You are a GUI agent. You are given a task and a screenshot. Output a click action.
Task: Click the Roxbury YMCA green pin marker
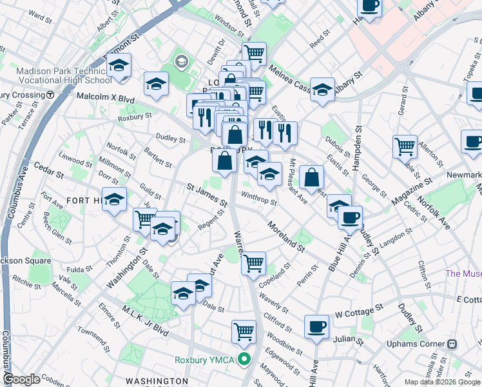[x=244, y=359]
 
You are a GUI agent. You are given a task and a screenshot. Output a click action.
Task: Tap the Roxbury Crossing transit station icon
[x=50, y=95]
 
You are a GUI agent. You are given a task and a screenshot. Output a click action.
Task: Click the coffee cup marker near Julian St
[x=316, y=327]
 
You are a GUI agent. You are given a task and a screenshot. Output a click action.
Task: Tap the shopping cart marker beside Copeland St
[x=254, y=263]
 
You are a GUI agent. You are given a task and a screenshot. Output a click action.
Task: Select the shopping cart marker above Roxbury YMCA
[x=244, y=332]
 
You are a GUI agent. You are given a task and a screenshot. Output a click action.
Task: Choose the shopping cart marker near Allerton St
[x=405, y=146]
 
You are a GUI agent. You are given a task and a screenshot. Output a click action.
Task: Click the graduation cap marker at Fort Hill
[x=115, y=199]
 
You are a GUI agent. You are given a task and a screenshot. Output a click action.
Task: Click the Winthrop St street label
[x=258, y=197]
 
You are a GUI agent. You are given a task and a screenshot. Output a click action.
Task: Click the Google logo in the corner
[x=22, y=379]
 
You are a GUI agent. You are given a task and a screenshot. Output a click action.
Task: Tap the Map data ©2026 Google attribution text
[x=442, y=382]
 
